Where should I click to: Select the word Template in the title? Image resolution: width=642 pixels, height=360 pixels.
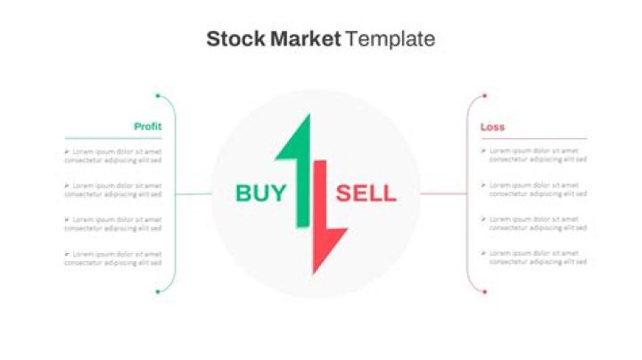point(391,39)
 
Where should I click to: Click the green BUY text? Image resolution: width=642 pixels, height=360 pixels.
point(261,192)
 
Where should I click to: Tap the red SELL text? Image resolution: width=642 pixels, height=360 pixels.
point(366,192)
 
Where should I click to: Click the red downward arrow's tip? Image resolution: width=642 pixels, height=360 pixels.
point(315,271)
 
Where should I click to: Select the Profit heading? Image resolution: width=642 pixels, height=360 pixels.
point(147,127)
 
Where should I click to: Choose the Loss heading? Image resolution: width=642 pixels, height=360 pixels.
point(492,127)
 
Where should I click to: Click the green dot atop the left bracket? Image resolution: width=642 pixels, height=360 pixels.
point(158,95)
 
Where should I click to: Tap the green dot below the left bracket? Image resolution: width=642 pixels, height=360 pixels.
point(158,291)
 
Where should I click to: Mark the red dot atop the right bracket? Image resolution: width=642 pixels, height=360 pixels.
point(484,95)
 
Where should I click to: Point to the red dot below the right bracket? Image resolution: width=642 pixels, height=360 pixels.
point(484,291)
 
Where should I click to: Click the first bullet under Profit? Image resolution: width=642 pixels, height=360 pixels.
point(67,151)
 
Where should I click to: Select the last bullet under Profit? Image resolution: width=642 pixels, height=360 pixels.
point(67,254)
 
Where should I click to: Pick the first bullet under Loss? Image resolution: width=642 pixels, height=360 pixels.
point(484,151)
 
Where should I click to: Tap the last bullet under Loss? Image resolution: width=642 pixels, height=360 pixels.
point(484,254)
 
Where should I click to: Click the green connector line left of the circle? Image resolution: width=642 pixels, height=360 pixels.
point(193,193)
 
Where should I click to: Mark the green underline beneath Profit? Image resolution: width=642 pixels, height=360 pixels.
point(113,138)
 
